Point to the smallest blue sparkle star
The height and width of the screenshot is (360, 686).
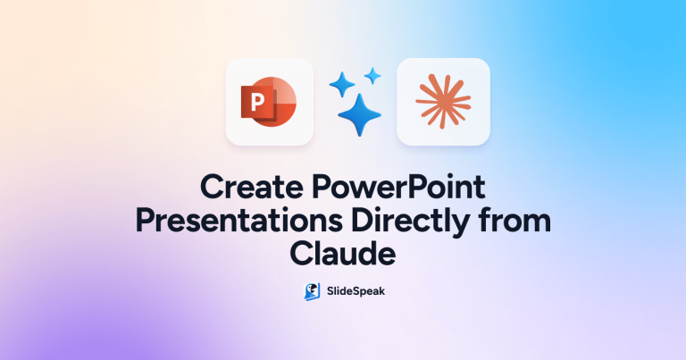(372, 76)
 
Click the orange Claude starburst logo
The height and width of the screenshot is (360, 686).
(443, 102)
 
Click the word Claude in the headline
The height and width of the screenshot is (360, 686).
(343, 254)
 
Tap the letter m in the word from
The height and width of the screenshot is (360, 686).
(539, 223)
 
